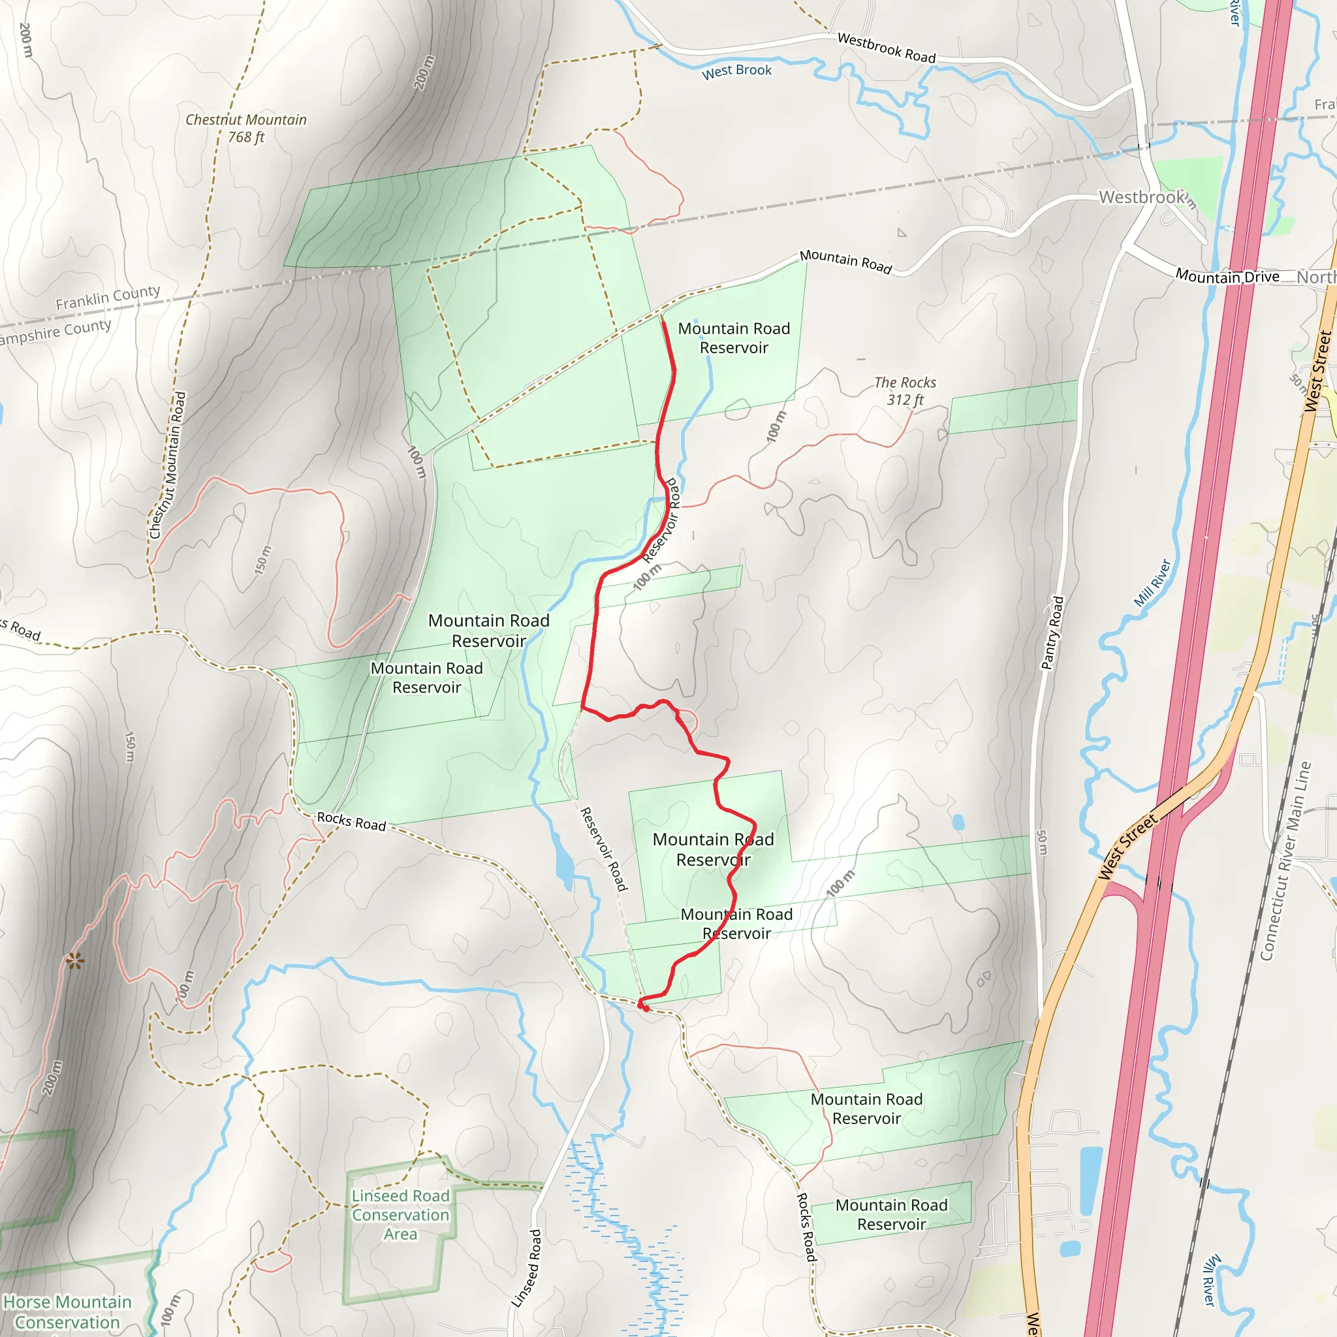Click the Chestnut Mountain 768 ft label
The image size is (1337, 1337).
click(x=245, y=128)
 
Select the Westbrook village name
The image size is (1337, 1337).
click(x=1142, y=197)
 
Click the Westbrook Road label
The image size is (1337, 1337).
click(x=886, y=48)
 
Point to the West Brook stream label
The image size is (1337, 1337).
click(x=736, y=71)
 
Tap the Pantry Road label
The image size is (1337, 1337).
click(x=1052, y=633)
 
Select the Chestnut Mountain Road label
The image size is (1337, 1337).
click(x=168, y=465)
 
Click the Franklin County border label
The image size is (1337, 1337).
click(x=108, y=298)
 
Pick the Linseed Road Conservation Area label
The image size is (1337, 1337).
click(x=400, y=1214)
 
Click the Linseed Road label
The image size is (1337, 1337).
click(x=526, y=1268)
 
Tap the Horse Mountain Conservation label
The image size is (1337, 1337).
click(x=67, y=1312)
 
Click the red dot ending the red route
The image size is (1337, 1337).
click(x=646, y=1008)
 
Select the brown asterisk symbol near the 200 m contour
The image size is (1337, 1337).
click(x=74, y=960)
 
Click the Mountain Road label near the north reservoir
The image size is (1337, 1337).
click(x=845, y=261)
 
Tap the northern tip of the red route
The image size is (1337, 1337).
click(x=663, y=322)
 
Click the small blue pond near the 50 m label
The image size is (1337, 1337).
click(x=958, y=822)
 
